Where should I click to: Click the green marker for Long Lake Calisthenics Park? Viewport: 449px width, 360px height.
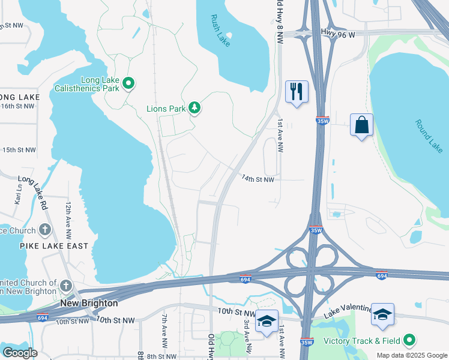click(128, 83)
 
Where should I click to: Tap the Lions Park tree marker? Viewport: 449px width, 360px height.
click(194, 108)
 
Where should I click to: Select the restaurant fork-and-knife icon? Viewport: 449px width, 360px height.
click(296, 92)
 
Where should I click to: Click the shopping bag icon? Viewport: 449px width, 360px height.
click(361, 125)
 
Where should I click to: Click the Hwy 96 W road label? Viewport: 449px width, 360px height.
click(338, 35)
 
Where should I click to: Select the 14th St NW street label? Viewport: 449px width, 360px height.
click(258, 179)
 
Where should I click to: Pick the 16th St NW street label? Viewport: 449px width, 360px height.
click(18, 106)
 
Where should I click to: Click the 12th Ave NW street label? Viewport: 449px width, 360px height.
click(68, 217)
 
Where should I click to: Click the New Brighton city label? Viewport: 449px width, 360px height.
click(89, 304)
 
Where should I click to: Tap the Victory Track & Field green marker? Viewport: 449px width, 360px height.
click(410, 341)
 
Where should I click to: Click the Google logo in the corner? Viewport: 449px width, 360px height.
click(20, 353)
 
